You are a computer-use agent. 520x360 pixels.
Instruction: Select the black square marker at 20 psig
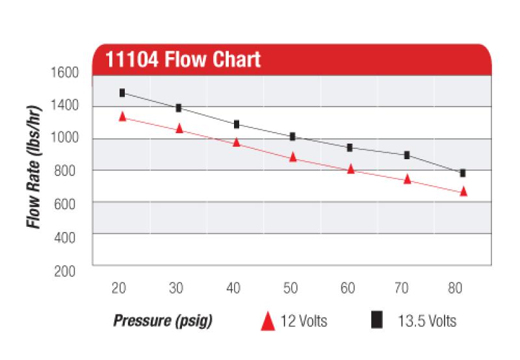[122, 93]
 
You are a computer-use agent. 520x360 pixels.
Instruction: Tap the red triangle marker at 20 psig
[122, 116]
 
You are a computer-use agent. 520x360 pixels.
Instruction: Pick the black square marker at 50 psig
[292, 136]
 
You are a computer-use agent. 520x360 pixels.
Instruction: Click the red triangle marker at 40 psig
[237, 142]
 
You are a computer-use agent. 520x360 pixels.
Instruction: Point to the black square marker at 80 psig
[463, 173]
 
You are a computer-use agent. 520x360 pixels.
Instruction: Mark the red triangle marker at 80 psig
[463, 191]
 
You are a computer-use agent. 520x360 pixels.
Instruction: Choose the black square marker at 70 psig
[407, 155]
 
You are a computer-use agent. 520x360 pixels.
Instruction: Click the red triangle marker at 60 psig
[351, 169]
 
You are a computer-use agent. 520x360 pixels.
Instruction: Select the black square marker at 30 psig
[179, 108]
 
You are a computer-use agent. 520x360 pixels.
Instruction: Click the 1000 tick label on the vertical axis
[64, 138]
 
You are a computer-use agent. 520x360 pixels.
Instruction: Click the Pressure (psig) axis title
[163, 321]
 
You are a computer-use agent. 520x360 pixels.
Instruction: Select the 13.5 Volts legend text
[426, 321]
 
